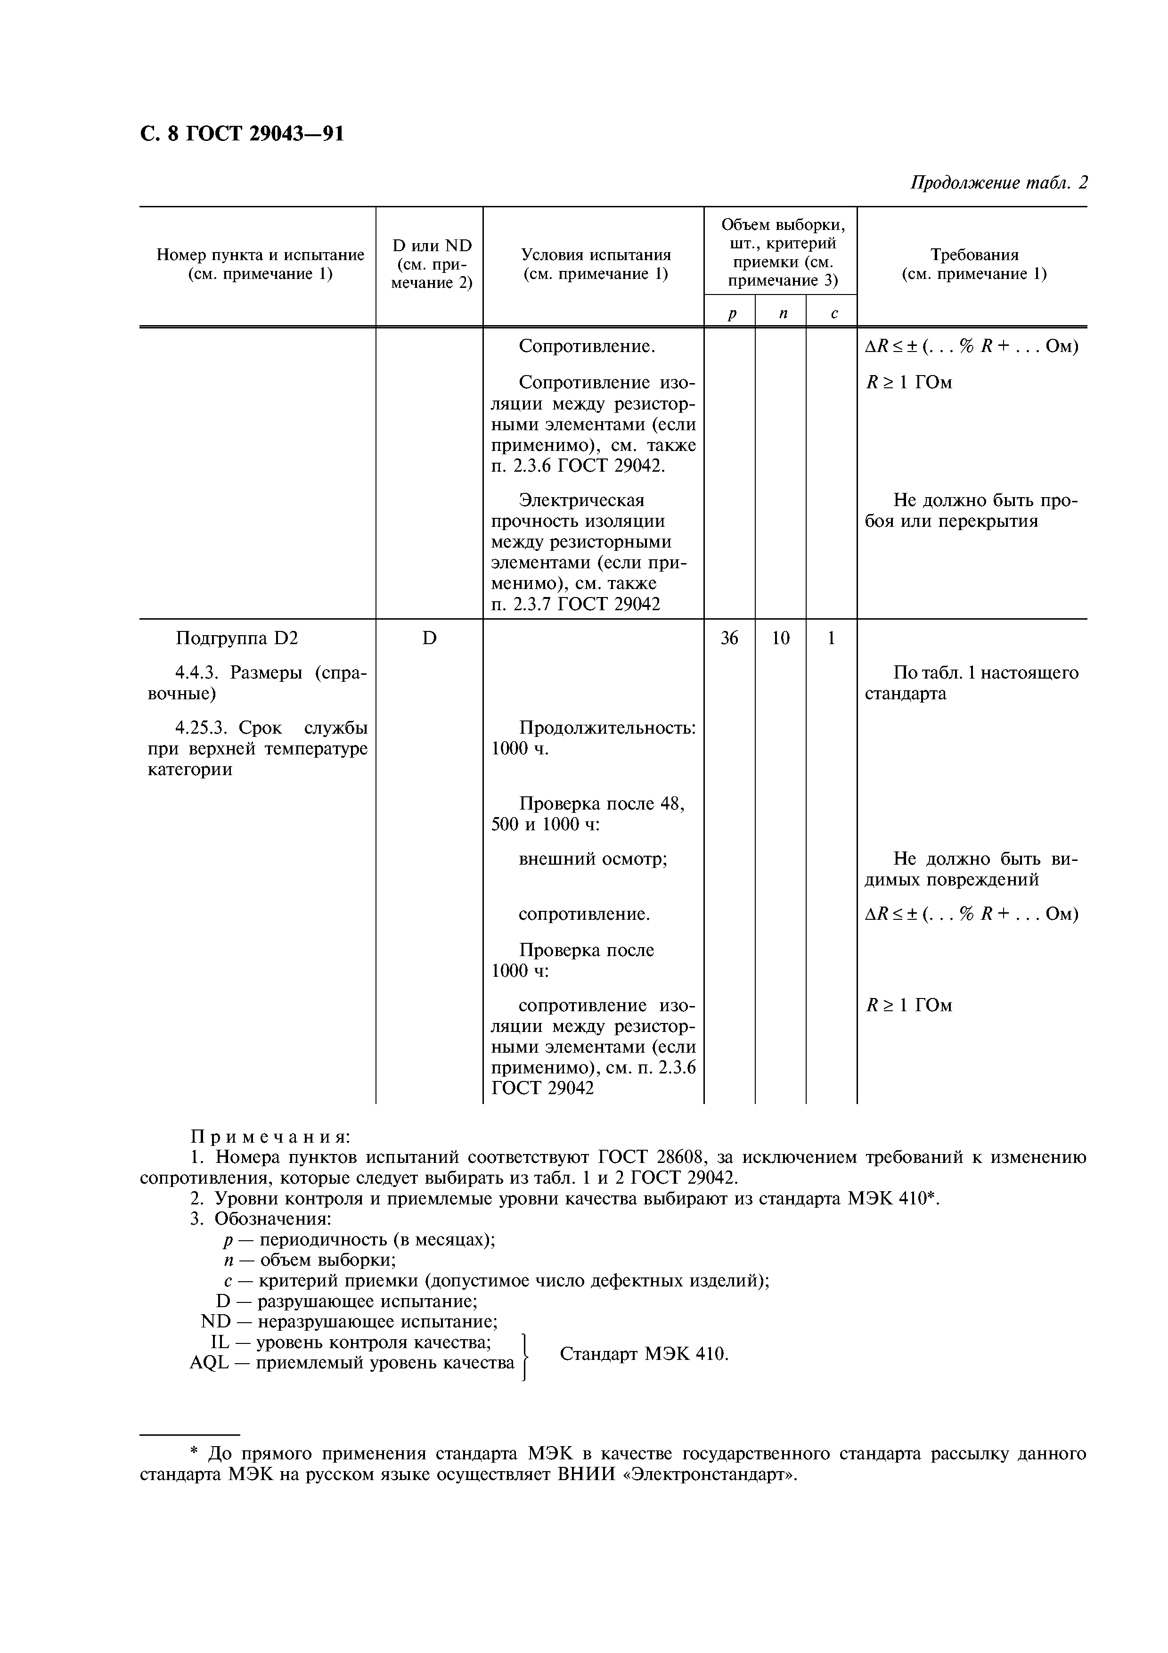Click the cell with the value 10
point(780,638)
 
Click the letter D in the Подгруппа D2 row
point(429,638)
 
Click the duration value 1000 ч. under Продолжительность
point(520,749)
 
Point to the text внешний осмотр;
point(593,859)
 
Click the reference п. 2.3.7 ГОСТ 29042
point(576,604)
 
